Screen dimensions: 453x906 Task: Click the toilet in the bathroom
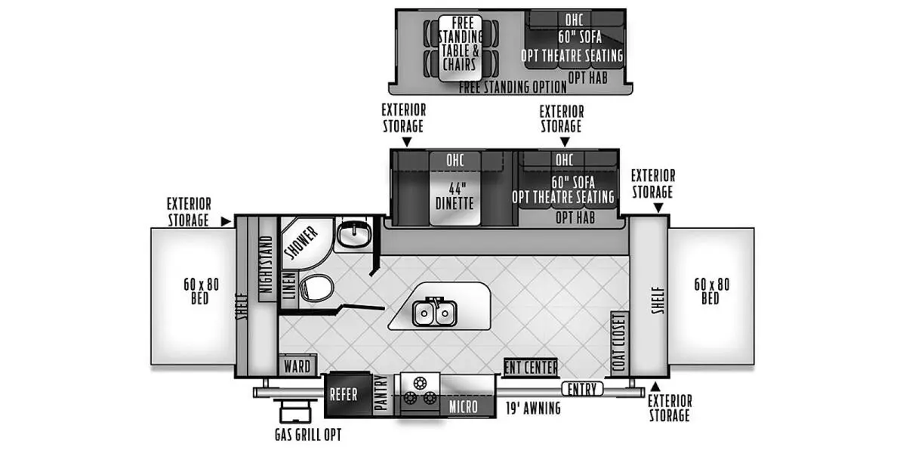[x=316, y=287]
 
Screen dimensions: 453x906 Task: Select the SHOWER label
[x=301, y=241]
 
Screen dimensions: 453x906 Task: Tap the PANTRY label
[x=381, y=394]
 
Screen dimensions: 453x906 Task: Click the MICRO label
[x=463, y=407]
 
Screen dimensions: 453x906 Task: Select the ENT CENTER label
[x=531, y=367]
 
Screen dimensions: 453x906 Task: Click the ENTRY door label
[x=582, y=389]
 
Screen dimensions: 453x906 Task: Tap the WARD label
[x=297, y=366]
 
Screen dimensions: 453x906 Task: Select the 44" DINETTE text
[x=454, y=196]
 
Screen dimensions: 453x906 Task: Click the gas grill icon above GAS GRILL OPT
[x=294, y=414]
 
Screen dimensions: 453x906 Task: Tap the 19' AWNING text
[x=533, y=408]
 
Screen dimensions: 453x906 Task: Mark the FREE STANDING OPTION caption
[x=513, y=88]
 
